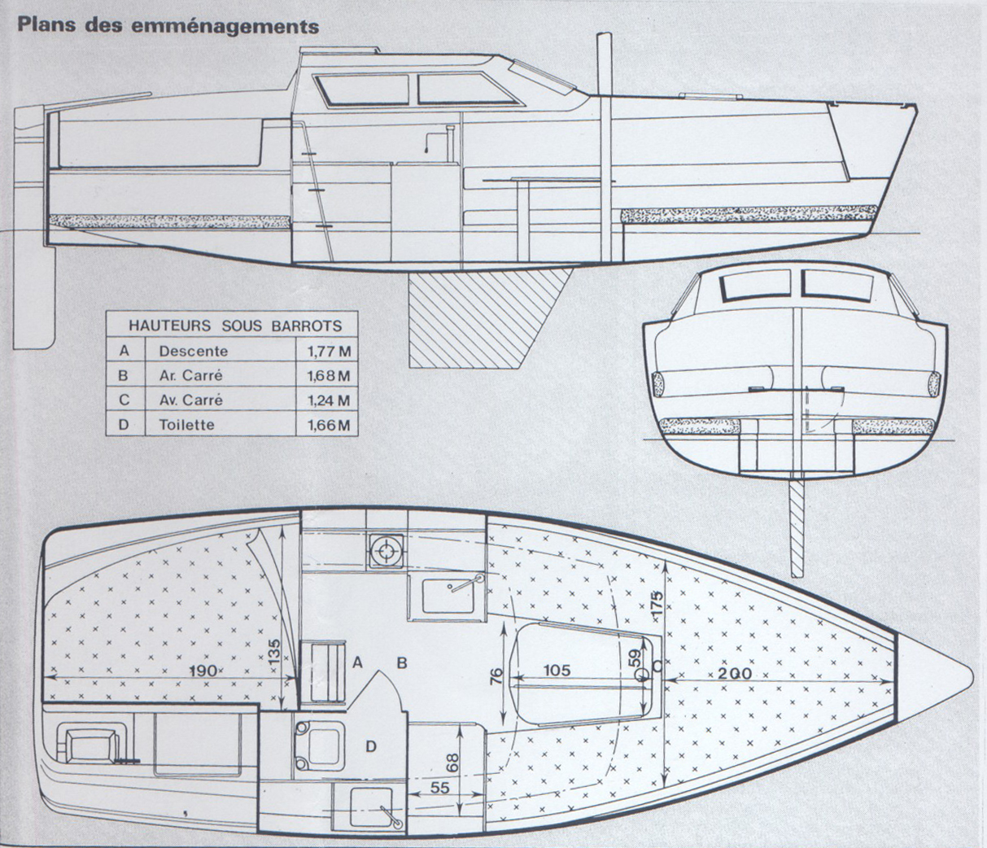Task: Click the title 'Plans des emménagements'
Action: [168, 25]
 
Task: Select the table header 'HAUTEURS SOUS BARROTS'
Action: [235, 326]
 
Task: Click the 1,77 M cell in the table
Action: [329, 352]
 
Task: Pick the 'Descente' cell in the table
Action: [194, 352]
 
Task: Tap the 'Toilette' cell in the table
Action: [187, 425]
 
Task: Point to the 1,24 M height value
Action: [329, 400]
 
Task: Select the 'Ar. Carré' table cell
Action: [191, 376]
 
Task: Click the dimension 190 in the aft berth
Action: [201, 671]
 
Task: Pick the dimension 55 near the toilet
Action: [439, 787]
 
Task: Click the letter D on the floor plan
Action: [371, 745]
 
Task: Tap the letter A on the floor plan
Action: [356, 662]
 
